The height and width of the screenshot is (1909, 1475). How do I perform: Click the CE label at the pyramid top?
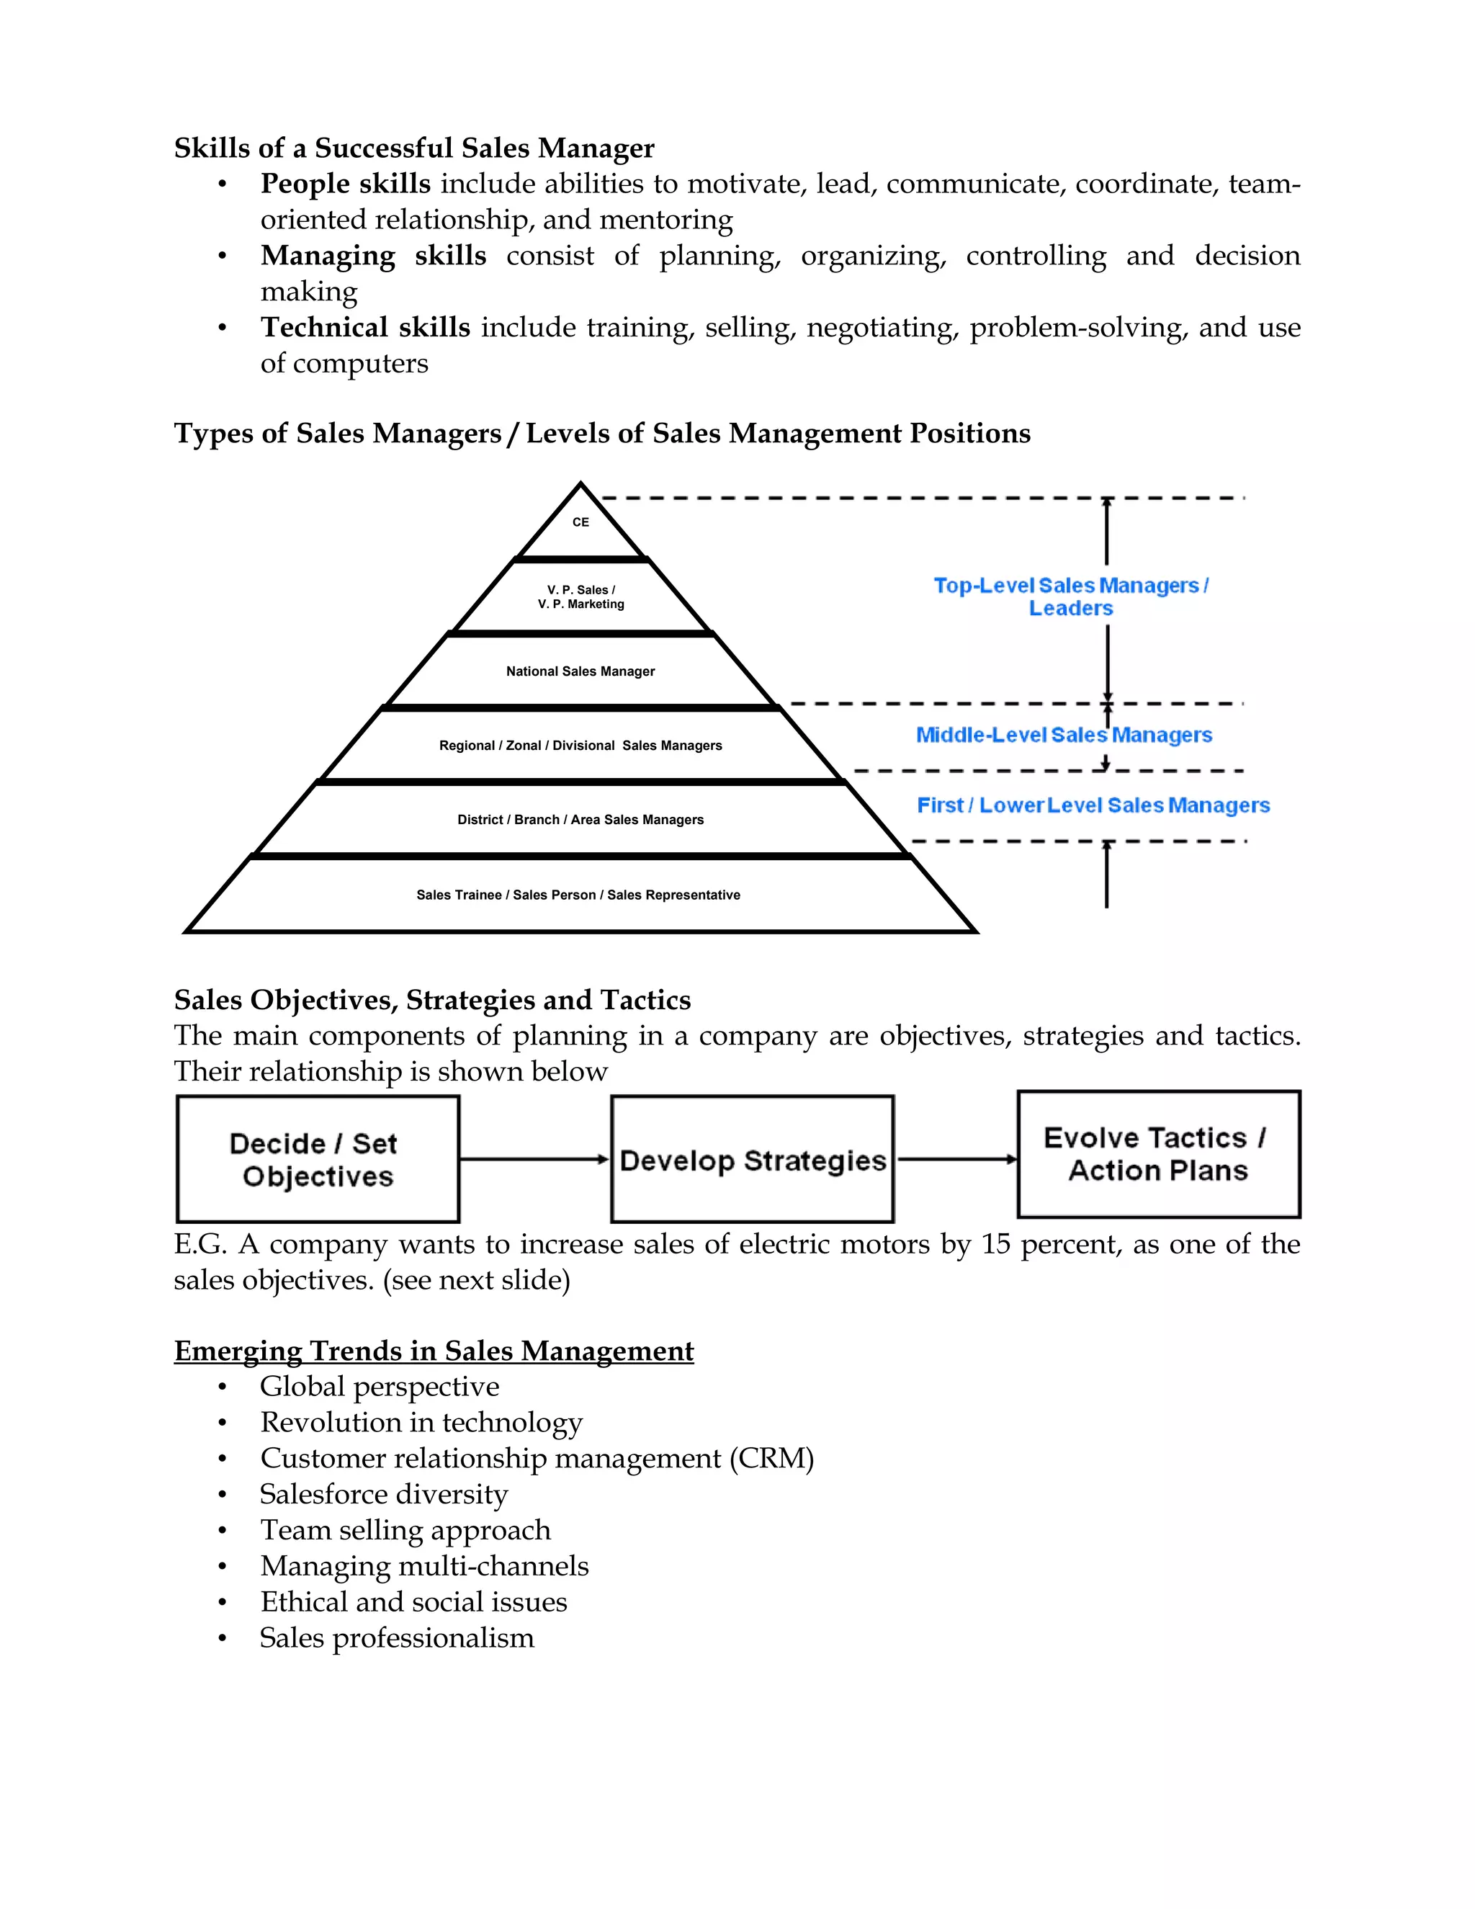(580, 522)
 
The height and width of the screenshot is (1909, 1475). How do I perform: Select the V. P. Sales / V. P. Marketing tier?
(580, 597)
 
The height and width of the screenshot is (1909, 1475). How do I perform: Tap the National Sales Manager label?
(580, 671)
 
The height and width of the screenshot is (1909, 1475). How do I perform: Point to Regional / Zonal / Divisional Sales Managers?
(580, 746)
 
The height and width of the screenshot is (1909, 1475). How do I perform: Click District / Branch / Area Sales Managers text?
(580, 820)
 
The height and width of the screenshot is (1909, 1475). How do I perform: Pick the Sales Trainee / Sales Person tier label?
(578, 895)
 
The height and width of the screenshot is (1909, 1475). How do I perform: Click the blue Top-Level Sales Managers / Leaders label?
(1070, 596)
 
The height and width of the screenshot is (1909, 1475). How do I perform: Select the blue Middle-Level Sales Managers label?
(1064, 735)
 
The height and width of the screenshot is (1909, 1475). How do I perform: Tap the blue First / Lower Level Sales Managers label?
(1093, 805)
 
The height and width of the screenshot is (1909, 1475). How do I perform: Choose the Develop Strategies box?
(753, 1160)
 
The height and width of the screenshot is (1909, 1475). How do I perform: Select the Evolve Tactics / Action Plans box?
(1158, 1154)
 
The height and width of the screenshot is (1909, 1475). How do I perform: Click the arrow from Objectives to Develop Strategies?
(534, 1159)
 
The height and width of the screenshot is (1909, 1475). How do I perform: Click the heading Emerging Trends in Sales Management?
(434, 1351)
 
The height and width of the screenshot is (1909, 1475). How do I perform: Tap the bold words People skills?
(345, 184)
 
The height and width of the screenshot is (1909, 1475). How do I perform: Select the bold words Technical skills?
(365, 327)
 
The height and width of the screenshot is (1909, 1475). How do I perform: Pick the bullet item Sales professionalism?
(397, 1637)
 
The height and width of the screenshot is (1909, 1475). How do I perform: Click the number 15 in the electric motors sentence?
(995, 1244)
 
